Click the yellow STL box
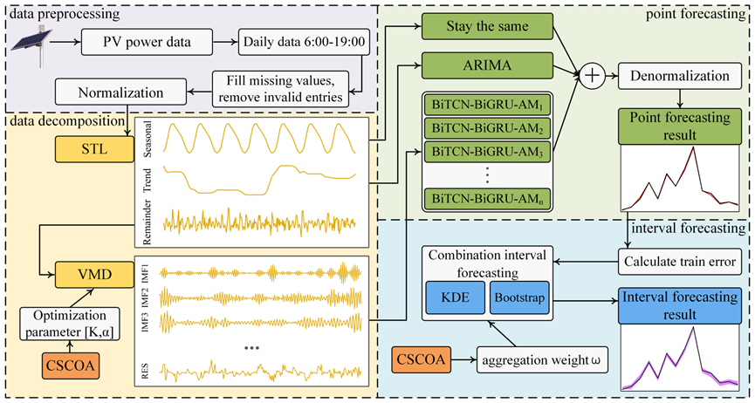(92, 148)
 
